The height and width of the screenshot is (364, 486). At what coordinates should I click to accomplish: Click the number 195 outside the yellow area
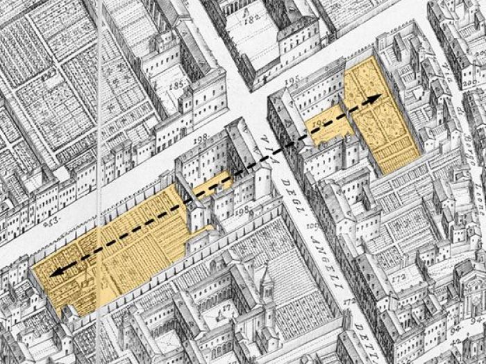[x=292, y=81]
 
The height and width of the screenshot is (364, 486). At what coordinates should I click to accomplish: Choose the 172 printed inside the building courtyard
[x=398, y=278]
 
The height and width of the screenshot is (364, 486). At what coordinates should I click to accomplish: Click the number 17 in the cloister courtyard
[x=226, y=306]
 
